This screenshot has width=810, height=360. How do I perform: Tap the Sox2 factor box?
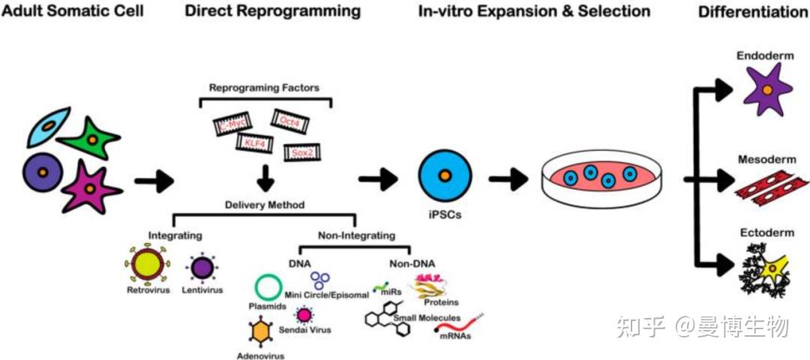[x=304, y=152]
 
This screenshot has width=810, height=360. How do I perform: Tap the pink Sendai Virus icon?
[x=304, y=315]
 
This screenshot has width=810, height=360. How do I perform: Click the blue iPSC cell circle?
[x=445, y=177]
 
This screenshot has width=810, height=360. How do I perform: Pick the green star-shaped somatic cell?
[x=89, y=136]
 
